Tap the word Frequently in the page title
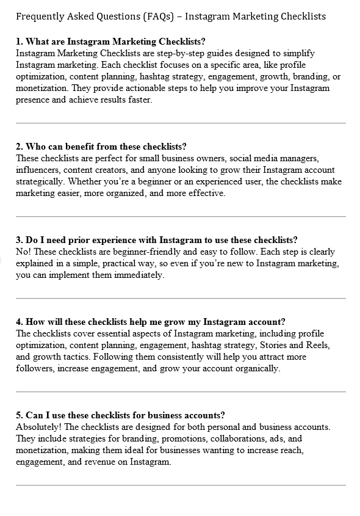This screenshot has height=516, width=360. (38, 16)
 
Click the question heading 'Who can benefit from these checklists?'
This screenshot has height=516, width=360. (101, 147)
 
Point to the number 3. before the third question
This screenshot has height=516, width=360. (20, 240)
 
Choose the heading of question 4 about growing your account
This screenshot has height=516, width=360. (151, 322)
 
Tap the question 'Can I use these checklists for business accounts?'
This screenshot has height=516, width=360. (121, 415)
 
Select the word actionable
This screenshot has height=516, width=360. (107, 88)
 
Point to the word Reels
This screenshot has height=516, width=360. (317, 345)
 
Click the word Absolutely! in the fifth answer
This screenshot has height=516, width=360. (38, 427)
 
